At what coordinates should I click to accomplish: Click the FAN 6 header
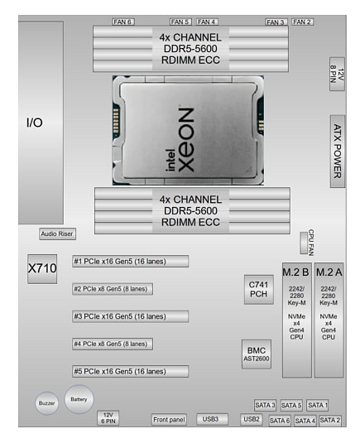(x=122, y=22)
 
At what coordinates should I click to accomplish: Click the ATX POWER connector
(x=337, y=151)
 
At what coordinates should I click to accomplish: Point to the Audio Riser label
(x=57, y=234)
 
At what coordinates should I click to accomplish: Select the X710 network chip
(x=41, y=269)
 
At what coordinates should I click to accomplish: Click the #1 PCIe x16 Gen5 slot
(x=130, y=262)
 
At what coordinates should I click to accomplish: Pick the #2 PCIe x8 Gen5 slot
(x=112, y=289)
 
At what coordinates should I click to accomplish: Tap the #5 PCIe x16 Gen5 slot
(x=130, y=371)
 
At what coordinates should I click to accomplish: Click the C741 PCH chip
(x=258, y=287)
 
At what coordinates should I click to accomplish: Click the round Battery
(x=79, y=399)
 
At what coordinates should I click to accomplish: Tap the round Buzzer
(x=47, y=403)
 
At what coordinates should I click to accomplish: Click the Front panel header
(x=170, y=420)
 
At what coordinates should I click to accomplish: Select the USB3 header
(x=211, y=419)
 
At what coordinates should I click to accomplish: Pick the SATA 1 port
(x=318, y=405)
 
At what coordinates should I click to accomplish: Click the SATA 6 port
(x=280, y=421)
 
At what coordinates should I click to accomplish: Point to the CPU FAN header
(x=305, y=243)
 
